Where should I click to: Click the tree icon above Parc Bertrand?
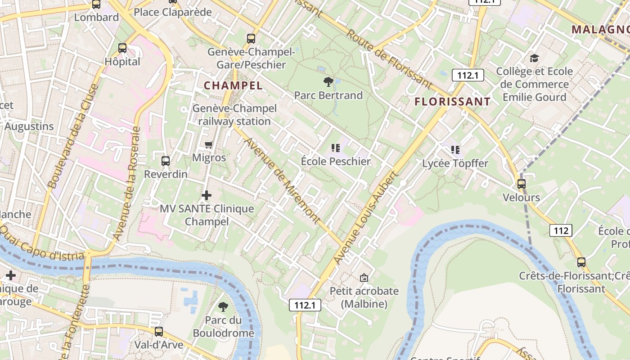pos(328,82)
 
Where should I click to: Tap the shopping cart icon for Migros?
pos(208,144)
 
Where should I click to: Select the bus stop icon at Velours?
pos(521,184)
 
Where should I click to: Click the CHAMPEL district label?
pos(233,85)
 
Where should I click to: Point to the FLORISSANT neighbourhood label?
pos(452,102)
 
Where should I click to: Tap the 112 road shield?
pos(561,231)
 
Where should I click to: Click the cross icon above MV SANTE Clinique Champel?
pos(207,195)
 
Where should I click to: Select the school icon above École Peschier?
pos(335,148)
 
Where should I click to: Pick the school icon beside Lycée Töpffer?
pos(455,149)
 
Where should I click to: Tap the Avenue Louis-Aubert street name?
pos(366,218)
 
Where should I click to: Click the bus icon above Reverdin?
pos(166,161)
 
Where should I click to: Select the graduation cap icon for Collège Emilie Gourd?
pos(534,58)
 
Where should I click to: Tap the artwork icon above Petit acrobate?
pos(364,278)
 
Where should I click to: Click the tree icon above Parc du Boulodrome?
pos(223,307)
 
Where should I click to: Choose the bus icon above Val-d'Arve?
pos(159,332)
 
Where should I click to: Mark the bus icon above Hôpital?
pos(122,48)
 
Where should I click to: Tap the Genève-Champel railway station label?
pos(234,115)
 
